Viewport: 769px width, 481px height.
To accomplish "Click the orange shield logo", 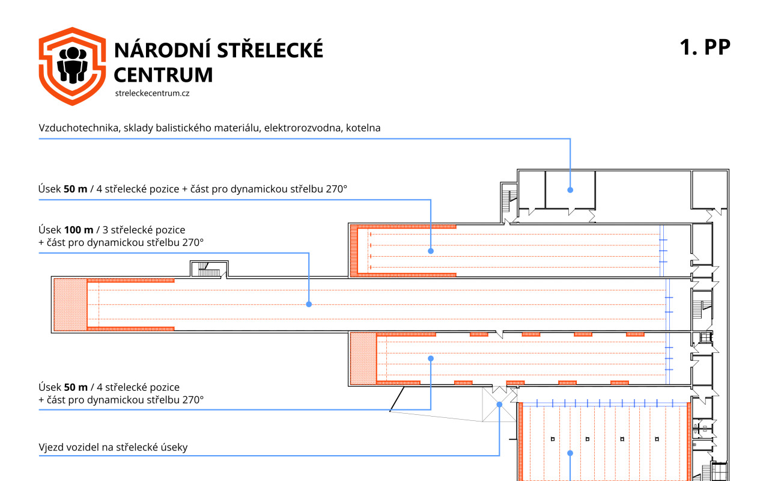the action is pyautogui.click(x=72, y=66).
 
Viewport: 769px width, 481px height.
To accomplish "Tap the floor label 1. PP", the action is pyautogui.click(x=705, y=47).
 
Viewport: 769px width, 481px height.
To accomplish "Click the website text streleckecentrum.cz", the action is pyautogui.click(x=152, y=93).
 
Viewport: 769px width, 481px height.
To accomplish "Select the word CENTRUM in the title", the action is pyautogui.click(x=163, y=75).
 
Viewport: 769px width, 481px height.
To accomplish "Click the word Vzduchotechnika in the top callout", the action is pyautogui.click(x=79, y=128).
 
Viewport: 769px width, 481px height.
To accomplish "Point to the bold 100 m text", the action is pyautogui.click(x=79, y=230).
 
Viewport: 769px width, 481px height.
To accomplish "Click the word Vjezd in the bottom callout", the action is pyautogui.click(x=50, y=447).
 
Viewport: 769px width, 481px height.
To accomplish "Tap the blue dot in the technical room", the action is pyautogui.click(x=570, y=189).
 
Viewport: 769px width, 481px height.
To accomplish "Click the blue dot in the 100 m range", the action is pyautogui.click(x=309, y=304).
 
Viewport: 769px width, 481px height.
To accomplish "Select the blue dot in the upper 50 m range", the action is pyautogui.click(x=431, y=251).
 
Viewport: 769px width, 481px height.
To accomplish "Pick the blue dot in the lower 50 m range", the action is pyautogui.click(x=431, y=358).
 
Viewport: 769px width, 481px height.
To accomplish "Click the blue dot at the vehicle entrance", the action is pyautogui.click(x=499, y=405).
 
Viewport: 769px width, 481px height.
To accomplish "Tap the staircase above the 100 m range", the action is pyautogui.click(x=209, y=269).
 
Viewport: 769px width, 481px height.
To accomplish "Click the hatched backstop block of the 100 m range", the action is pyautogui.click(x=70, y=304).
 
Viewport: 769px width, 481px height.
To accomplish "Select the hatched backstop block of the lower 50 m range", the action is pyautogui.click(x=363, y=358).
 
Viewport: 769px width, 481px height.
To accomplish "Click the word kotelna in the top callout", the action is pyautogui.click(x=363, y=128).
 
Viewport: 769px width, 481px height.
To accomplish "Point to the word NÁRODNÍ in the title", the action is pyautogui.click(x=162, y=49).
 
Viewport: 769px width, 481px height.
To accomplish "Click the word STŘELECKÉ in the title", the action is pyautogui.click(x=270, y=49).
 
